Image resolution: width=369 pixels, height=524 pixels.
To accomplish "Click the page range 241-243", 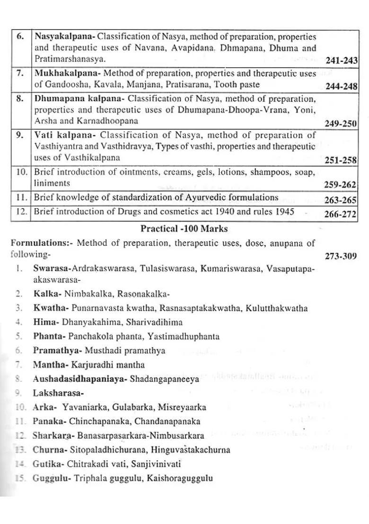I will (x=341, y=61).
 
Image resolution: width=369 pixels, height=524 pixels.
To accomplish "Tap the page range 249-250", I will (x=341, y=123).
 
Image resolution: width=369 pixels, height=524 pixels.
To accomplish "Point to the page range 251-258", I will (x=341, y=160).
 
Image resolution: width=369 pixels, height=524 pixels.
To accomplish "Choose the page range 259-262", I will (x=341, y=185).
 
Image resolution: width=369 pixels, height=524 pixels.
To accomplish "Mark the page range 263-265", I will (x=341, y=200).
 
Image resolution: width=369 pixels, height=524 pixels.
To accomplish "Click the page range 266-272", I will (x=341, y=214).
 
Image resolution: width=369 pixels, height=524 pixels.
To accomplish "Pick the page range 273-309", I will (x=341, y=257).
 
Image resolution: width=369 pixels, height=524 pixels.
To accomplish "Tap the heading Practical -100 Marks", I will (x=184, y=229).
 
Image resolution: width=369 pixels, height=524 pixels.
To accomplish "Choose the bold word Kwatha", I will (x=45, y=308).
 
